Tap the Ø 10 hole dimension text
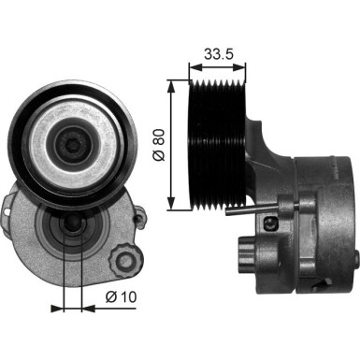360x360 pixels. (121, 297)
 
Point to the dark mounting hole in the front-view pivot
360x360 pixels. (72, 231)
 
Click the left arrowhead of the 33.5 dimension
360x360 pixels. (194, 66)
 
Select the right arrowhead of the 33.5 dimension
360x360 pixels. (245, 66)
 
